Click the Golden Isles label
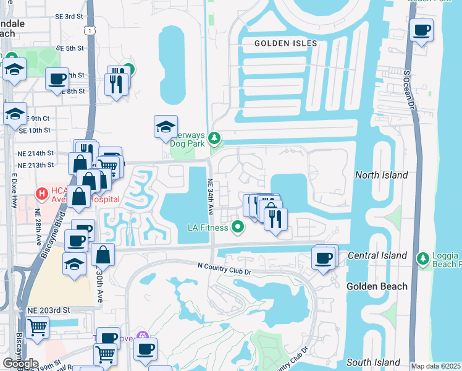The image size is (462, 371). click(286, 43)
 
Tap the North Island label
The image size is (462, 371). click(381, 175)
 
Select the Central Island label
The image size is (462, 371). click(377, 255)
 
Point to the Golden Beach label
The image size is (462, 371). click(377, 286)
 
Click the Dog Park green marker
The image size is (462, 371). click(214, 137)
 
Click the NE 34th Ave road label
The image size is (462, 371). click(210, 197)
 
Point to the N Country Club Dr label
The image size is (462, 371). click(225, 266)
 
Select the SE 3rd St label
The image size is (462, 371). click(69, 16)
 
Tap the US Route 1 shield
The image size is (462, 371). click(91, 30)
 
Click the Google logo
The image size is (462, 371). click(20, 364)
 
